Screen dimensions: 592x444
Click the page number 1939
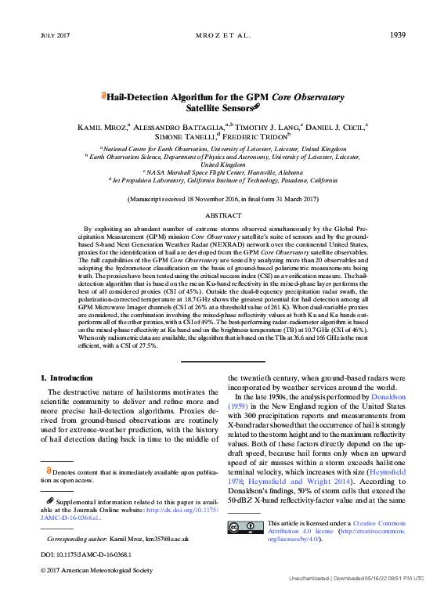397,35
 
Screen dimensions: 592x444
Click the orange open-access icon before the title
104,96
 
